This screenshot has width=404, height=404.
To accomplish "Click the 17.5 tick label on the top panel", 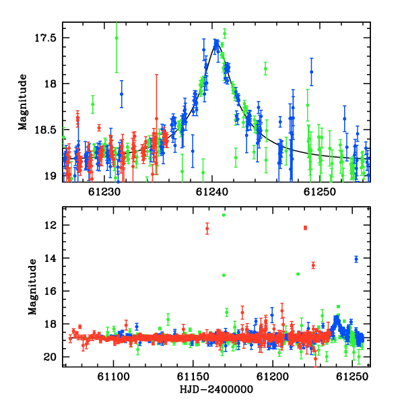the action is [x=45, y=38].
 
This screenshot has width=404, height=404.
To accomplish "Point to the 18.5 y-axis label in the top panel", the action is [x=45, y=130].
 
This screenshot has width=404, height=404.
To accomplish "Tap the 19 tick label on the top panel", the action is [x=50, y=176].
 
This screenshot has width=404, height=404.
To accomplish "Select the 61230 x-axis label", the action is [x=104, y=192].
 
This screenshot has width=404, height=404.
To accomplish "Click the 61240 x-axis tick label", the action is [x=212, y=192].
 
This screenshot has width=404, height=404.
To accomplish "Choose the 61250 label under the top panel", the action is [x=319, y=192].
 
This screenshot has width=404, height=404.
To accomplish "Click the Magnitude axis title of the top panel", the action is [x=23, y=102].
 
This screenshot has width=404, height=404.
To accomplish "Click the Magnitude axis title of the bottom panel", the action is [x=32, y=287].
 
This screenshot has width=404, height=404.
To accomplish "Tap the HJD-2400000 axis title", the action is [x=216, y=389].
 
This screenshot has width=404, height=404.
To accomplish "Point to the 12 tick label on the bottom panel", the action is [x=50, y=225].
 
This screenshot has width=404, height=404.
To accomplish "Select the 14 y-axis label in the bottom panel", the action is [x=50, y=258].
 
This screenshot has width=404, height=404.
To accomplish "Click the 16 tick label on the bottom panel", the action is [x=50, y=291].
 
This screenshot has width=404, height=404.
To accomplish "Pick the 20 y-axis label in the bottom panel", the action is [x=50, y=357].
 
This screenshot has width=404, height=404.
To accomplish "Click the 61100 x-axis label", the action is [x=113, y=376].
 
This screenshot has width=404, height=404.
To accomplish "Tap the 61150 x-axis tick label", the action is [x=193, y=376].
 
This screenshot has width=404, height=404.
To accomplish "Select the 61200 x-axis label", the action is [x=273, y=376].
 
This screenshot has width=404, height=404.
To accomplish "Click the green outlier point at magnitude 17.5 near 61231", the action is [x=116, y=38].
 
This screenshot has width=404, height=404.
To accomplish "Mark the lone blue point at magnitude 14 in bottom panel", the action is [x=356, y=259].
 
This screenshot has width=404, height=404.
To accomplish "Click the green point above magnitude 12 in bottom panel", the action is [x=224, y=215].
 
